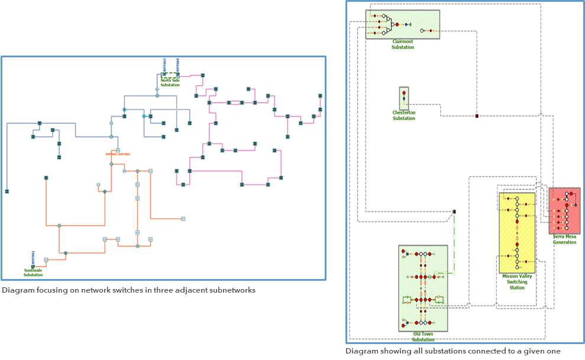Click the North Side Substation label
tap(170, 83)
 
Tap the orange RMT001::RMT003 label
tap(118, 154)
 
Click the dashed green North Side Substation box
tap(170, 76)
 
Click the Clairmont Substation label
tap(402, 44)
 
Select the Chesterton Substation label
tap(404, 115)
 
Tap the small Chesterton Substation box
tap(404, 99)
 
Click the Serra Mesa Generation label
tap(564, 239)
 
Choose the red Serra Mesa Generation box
tap(564, 211)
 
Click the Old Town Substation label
tap(423, 337)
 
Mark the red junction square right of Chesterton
tap(477, 115)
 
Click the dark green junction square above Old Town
tap(454, 212)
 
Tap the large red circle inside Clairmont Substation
tap(397, 24)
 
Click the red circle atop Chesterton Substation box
tap(404, 92)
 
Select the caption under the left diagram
tap(128, 290)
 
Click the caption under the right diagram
tap(453, 351)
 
